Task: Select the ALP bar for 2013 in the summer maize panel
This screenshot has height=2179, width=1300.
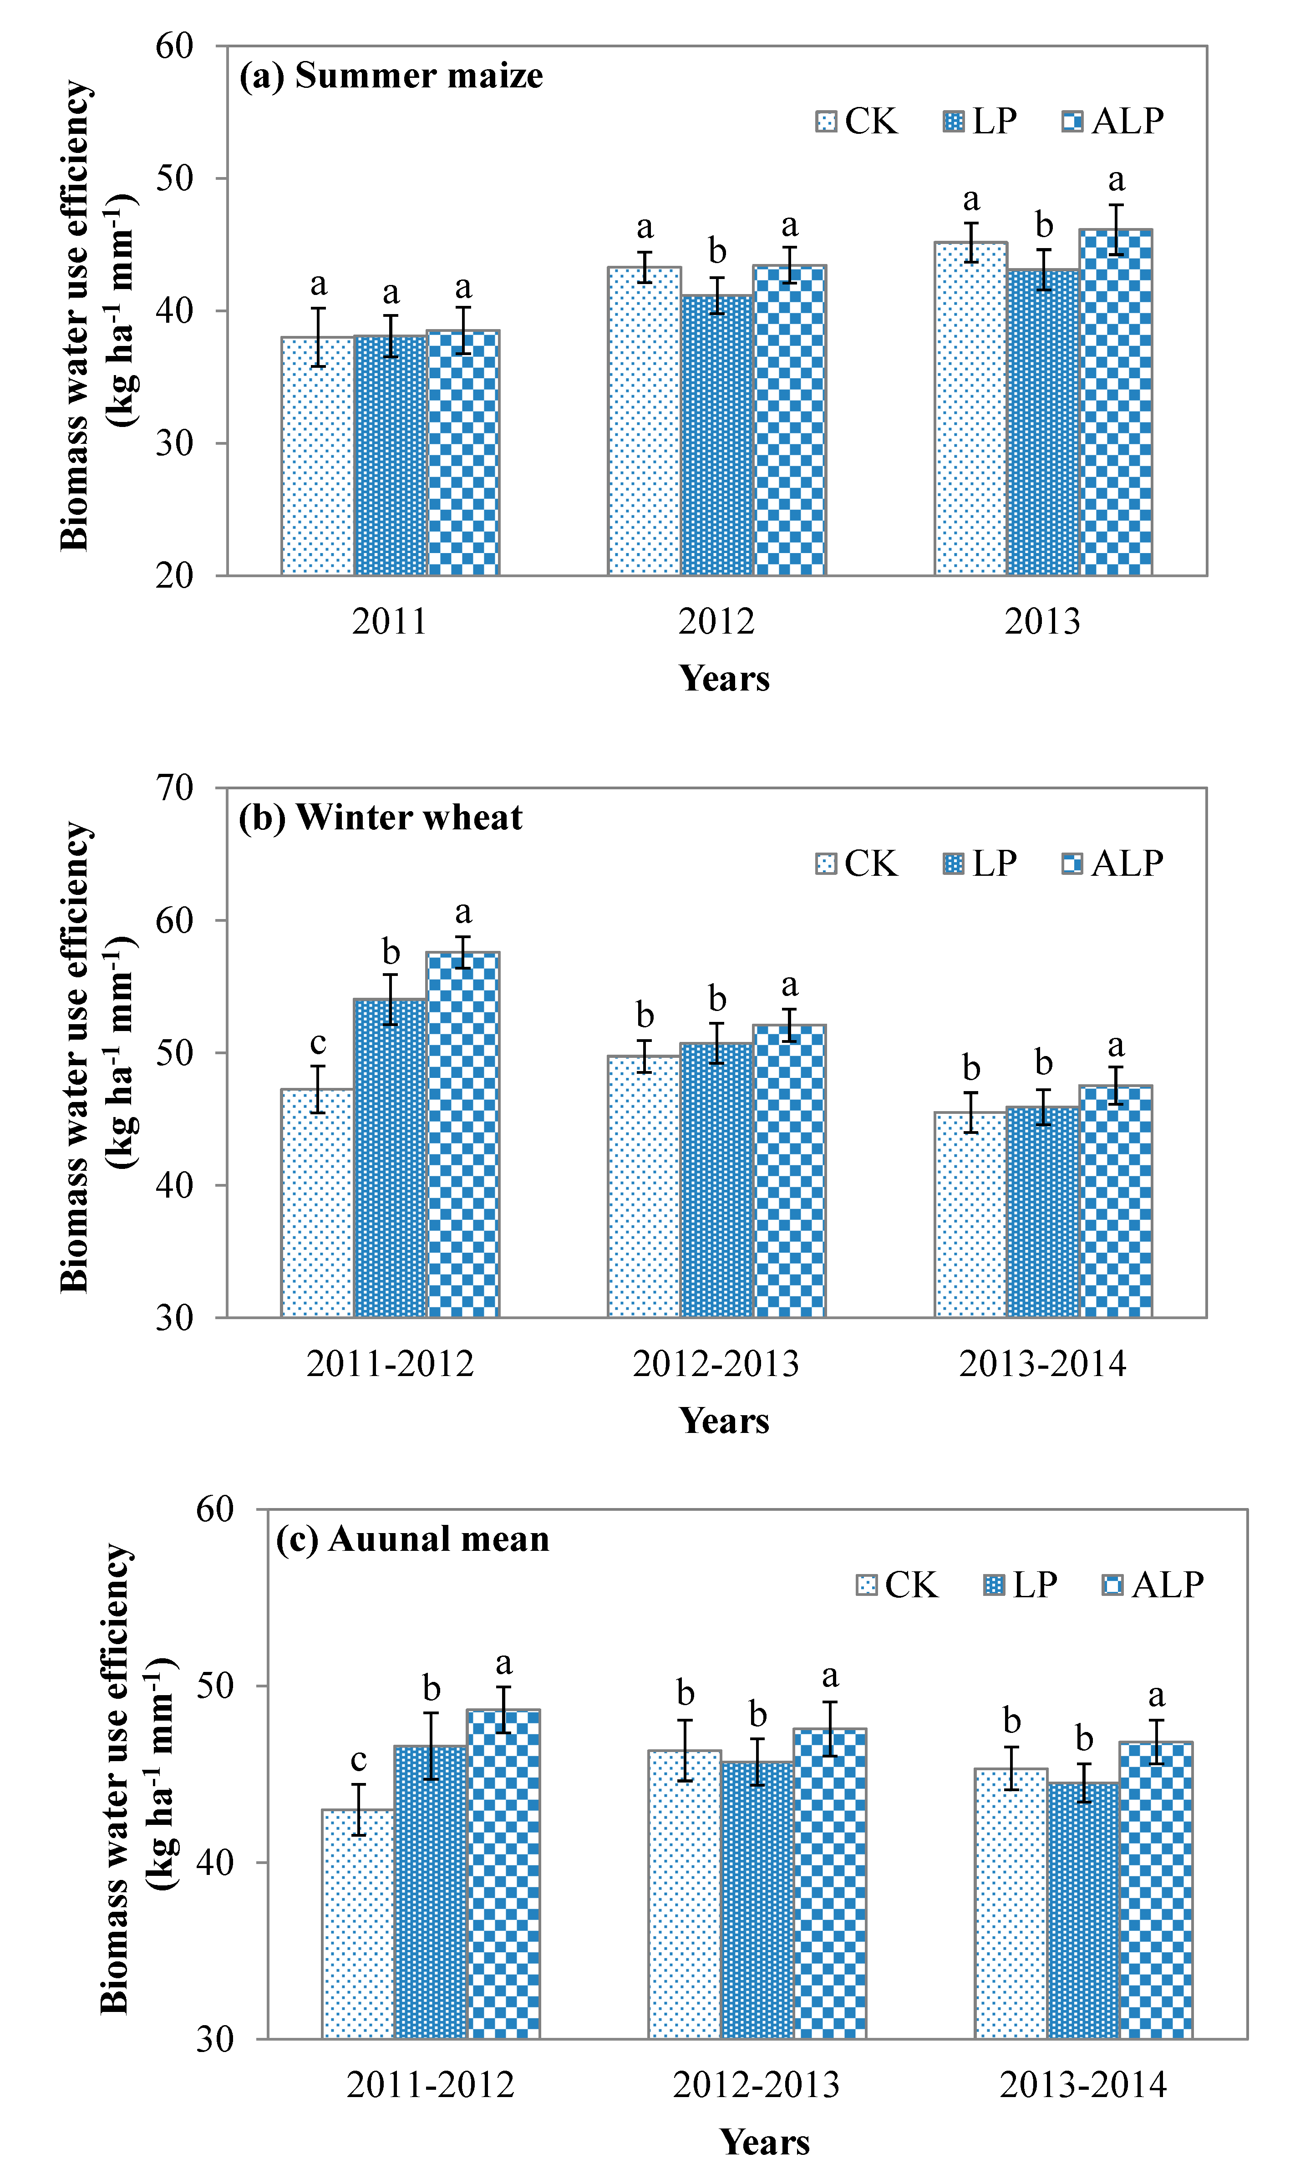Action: [1116, 402]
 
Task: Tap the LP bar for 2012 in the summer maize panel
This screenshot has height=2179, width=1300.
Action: [716, 435]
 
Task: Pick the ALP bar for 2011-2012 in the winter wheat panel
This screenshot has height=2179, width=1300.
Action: [462, 1134]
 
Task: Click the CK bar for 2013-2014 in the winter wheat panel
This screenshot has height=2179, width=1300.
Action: [970, 1215]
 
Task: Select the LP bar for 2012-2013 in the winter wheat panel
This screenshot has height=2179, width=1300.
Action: [716, 1180]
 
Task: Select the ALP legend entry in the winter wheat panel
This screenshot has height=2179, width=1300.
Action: [1112, 863]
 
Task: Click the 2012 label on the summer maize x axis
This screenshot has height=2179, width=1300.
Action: [716, 622]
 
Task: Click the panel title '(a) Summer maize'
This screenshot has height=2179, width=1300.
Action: [391, 76]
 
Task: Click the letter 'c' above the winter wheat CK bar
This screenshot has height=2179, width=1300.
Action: [318, 1043]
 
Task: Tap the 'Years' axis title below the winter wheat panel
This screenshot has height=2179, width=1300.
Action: [725, 1421]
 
